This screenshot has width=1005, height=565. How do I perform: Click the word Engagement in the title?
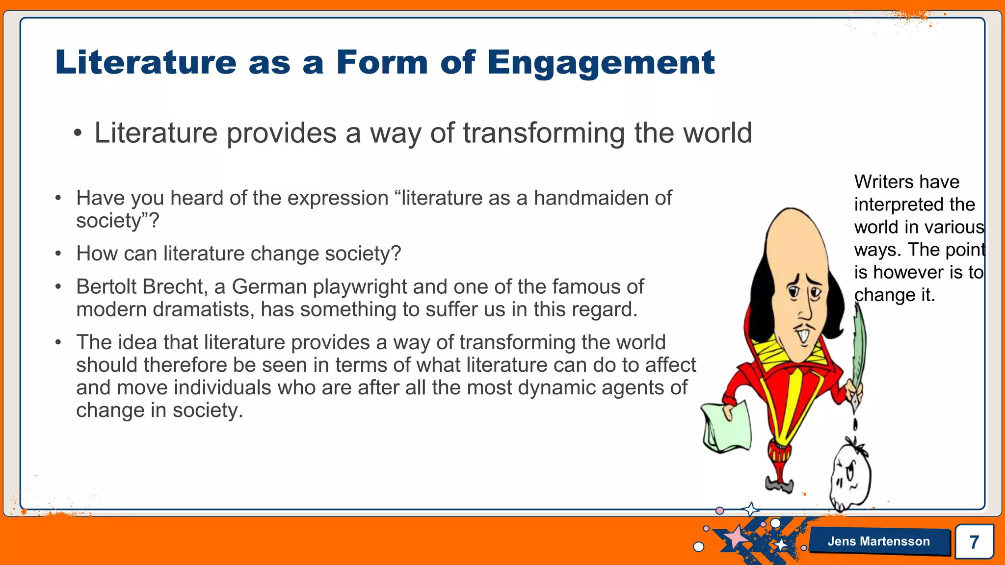click(x=601, y=63)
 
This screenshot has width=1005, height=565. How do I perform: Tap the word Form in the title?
click(x=381, y=63)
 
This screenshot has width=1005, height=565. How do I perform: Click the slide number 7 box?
click(x=974, y=541)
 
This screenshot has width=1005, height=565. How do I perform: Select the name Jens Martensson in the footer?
click(x=878, y=541)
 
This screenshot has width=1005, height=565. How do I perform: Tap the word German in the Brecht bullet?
click(x=269, y=287)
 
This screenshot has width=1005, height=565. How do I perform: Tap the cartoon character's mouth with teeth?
click(x=803, y=336)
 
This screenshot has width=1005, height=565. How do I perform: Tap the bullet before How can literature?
click(x=58, y=254)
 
